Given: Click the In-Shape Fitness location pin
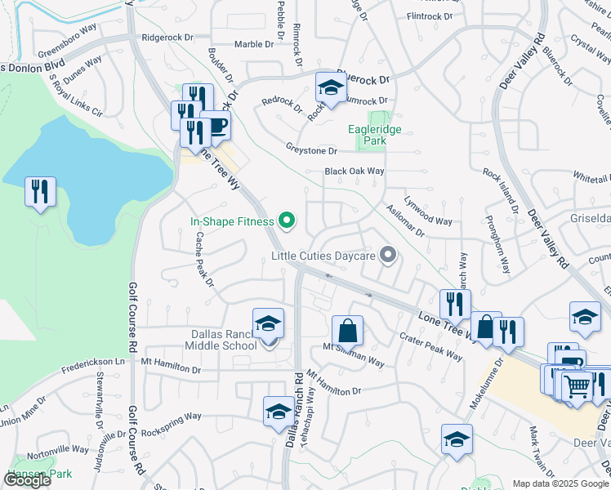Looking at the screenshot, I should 287,220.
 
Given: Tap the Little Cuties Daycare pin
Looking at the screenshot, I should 388,256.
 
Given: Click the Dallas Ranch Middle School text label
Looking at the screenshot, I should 212,340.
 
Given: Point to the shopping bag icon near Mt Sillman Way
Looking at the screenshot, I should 347,331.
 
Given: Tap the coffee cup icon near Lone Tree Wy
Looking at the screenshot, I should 216,126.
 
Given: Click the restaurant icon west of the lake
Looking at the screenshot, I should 40,191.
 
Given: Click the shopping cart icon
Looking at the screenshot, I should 577,385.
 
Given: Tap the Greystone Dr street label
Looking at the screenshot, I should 311,150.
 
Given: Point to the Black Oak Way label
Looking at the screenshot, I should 354,171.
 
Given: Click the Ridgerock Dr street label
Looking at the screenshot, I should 167,38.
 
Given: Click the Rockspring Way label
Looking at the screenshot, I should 171,416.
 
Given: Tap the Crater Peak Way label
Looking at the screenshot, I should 430,347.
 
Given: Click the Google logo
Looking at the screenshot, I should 28,480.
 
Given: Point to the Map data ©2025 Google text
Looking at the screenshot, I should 560,483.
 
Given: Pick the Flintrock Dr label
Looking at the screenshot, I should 430,16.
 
